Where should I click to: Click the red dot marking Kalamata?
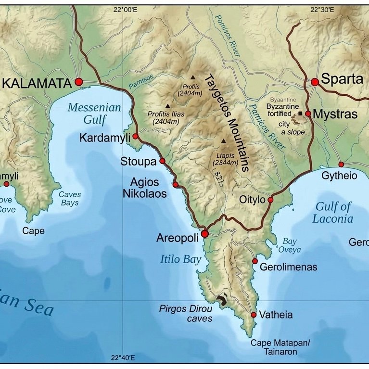coord(79,82)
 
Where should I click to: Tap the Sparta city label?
coord(342,80)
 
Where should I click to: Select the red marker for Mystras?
coord(308,114)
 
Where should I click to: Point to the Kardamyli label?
coord(105,138)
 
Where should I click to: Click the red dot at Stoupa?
coord(162,161)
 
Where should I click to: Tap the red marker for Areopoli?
coord(204,234)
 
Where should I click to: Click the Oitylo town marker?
coord(270,200)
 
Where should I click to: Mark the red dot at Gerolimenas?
coord(255,261)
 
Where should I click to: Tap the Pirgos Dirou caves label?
coord(186,314)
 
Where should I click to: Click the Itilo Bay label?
coord(180,260)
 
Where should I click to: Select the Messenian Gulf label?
coord(94,113)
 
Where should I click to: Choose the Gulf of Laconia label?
coord(333,213)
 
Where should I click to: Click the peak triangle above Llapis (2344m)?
coord(223,141)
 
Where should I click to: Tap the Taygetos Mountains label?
coord(226,123)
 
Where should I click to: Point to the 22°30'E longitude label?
coord(322,9)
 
